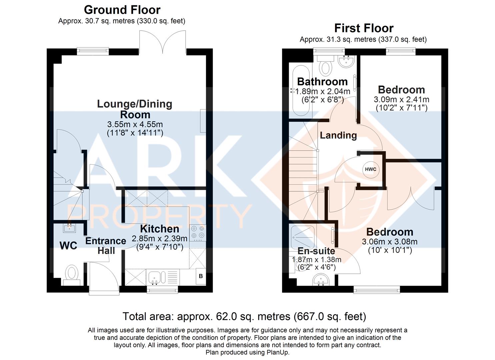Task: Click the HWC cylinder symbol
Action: pos(371,170)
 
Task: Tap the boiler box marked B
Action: pos(201,276)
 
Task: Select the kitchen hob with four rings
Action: pos(198,233)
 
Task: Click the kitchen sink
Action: pos(157,277)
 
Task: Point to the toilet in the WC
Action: pos(72,275)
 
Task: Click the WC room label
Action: pos(69,246)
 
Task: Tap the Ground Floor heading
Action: pos(122,10)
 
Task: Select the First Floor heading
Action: pos(364,28)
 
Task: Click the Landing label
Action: pos(338,135)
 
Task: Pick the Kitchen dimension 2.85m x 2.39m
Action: pos(160,239)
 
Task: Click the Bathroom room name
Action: pos(322,82)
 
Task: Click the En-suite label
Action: pos(316,251)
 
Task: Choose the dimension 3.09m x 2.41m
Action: pos(402,99)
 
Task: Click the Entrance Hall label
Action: pos(106,246)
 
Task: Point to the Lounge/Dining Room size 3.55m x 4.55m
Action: pos(135,124)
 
